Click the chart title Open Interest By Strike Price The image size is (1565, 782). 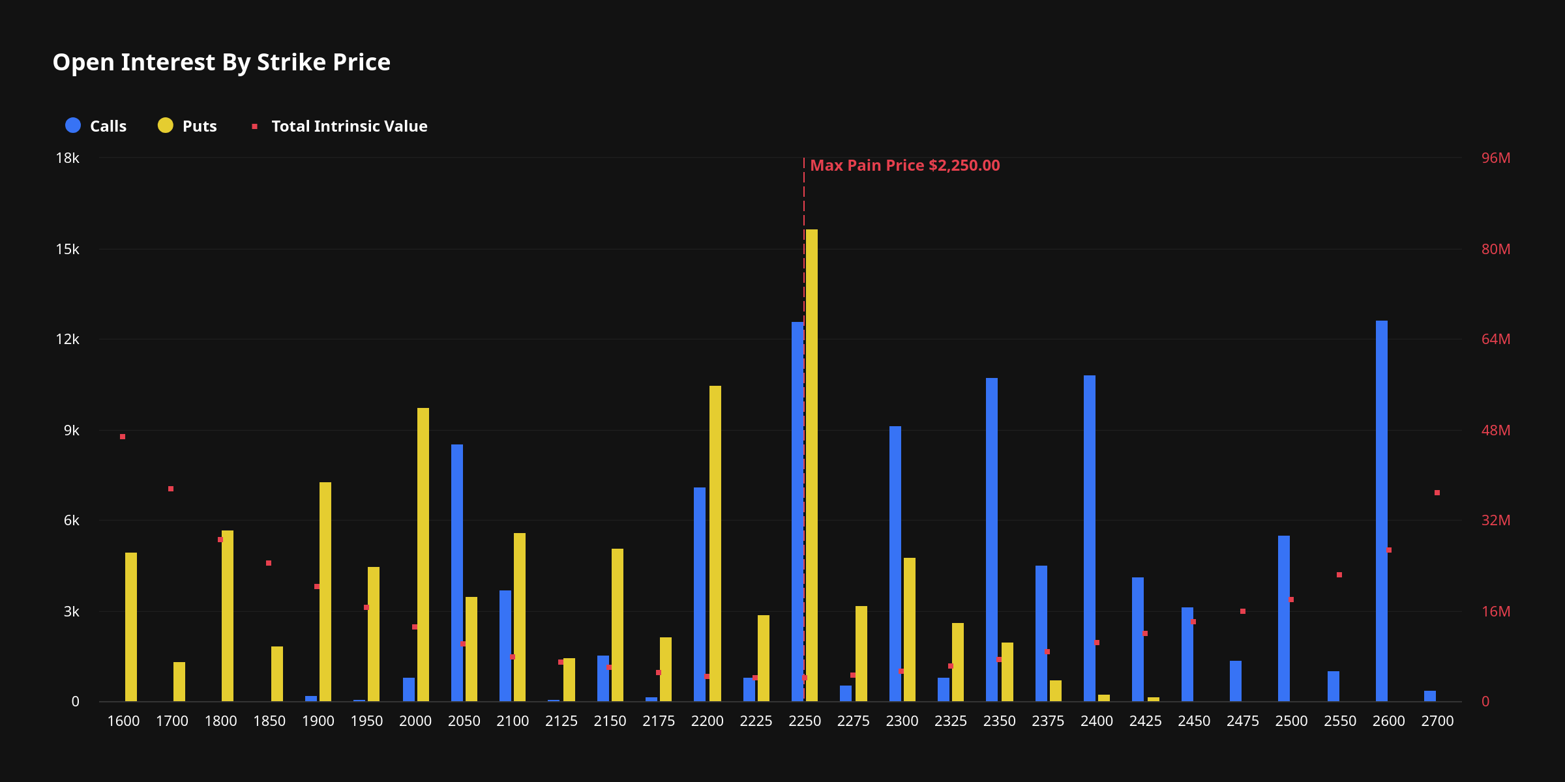point(221,63)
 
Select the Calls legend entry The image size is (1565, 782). point(96,126)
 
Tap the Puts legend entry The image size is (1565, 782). point(187,126)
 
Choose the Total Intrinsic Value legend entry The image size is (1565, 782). point(340,126)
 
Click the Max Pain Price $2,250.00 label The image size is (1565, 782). point(904,166)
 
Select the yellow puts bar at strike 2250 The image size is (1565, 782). point(812,465)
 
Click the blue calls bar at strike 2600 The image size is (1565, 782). point(1382,511)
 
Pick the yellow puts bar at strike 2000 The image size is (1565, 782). point(423,555)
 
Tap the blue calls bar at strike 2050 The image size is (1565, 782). point(457,573)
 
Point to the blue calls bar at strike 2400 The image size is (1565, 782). point(1090,538)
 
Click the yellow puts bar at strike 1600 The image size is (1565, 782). point(131,627)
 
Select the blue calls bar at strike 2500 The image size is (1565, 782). point(1284,618)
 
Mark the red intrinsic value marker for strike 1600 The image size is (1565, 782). point(123,437)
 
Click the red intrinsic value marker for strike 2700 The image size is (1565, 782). point(1437,493)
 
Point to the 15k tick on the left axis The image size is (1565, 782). point(67,250)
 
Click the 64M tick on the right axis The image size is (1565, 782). point(1495,340)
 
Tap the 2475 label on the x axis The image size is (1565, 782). point(1242,721)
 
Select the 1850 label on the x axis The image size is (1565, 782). point(269,721)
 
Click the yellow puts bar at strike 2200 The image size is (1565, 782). point(715,543)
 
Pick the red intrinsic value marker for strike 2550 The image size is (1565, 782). point(1339,575)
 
